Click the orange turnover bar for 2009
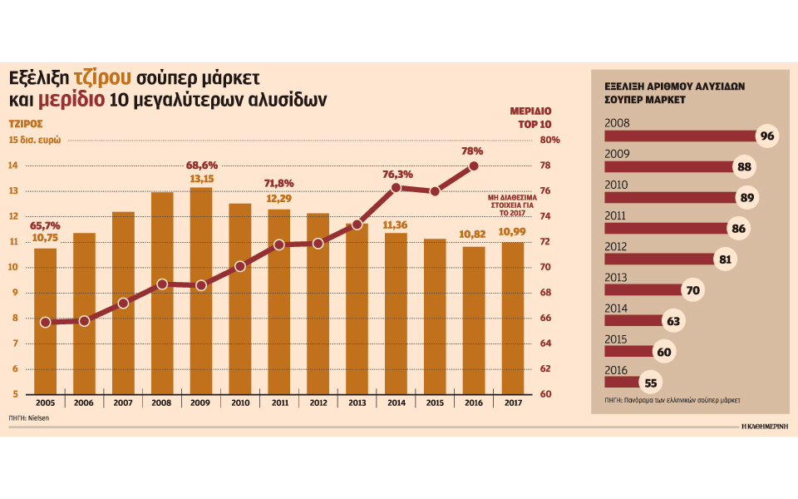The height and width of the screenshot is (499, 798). tap(201, 291)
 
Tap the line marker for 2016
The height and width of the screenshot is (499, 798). tap(474, 166)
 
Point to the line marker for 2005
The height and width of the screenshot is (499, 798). tap(46, 322)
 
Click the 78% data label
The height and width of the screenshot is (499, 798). tap(472, 151)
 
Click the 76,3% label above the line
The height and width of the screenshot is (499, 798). tap(397, 175)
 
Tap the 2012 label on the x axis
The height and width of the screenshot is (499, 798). tap(318, 402)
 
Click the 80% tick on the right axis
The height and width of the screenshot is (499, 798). tap(550, 141)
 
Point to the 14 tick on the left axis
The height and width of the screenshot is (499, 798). tap(13, 166)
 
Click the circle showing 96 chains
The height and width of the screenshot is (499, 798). tap(766, 136)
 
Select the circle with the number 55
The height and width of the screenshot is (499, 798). tap(651, 383)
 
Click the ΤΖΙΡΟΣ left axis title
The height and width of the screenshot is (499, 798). tap(26, 122)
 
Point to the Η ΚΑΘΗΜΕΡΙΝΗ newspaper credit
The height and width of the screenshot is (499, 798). tap(765, 426)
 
